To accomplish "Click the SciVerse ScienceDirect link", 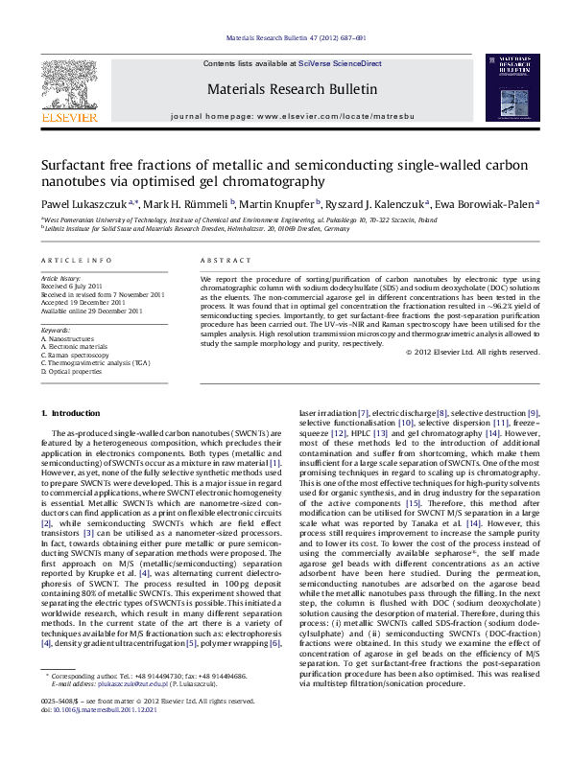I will [x=340, y=63].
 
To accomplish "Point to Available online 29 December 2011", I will [x=91, y=311].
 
